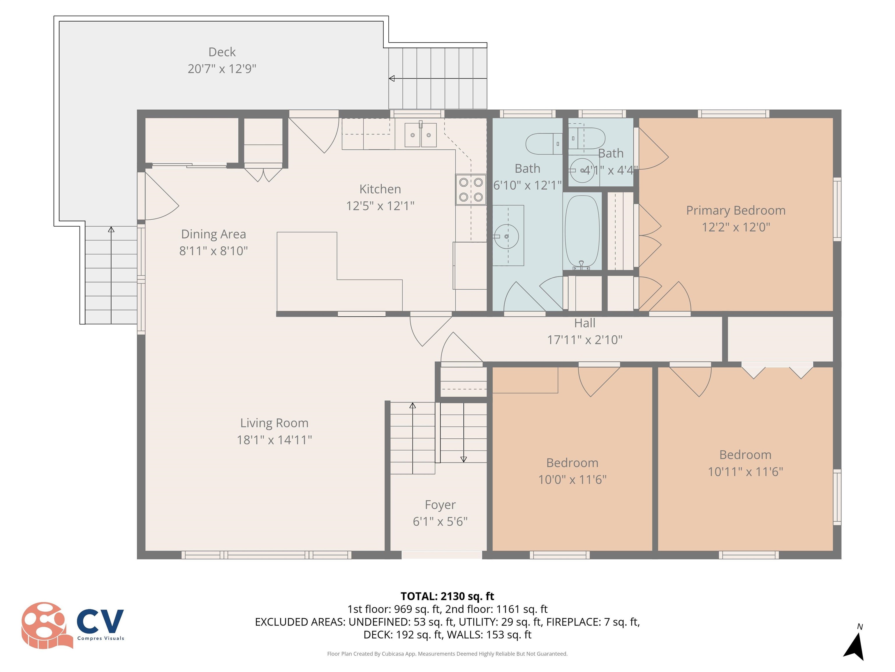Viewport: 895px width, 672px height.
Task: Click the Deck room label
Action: coord(222,52)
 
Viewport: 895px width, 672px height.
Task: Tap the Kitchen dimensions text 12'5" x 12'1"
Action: coord(380,206)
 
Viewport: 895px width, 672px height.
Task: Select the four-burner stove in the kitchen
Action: coord(471,190)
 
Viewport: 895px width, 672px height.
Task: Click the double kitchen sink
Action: coord(420,135)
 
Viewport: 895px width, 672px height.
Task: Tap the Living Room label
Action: coord(274,423)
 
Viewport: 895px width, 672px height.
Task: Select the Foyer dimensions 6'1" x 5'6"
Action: coord(440,521)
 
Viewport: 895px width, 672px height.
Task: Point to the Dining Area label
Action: coord(213,234)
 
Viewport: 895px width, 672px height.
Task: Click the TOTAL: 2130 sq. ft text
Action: coord(447,596)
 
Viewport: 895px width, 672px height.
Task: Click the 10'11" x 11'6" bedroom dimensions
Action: coord(745,472)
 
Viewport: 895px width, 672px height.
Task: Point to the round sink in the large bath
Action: coord(507,236)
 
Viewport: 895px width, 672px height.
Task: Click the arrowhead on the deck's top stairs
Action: coord(392,78)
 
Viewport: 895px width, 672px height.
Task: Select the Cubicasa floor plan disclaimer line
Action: coord(447,653)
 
